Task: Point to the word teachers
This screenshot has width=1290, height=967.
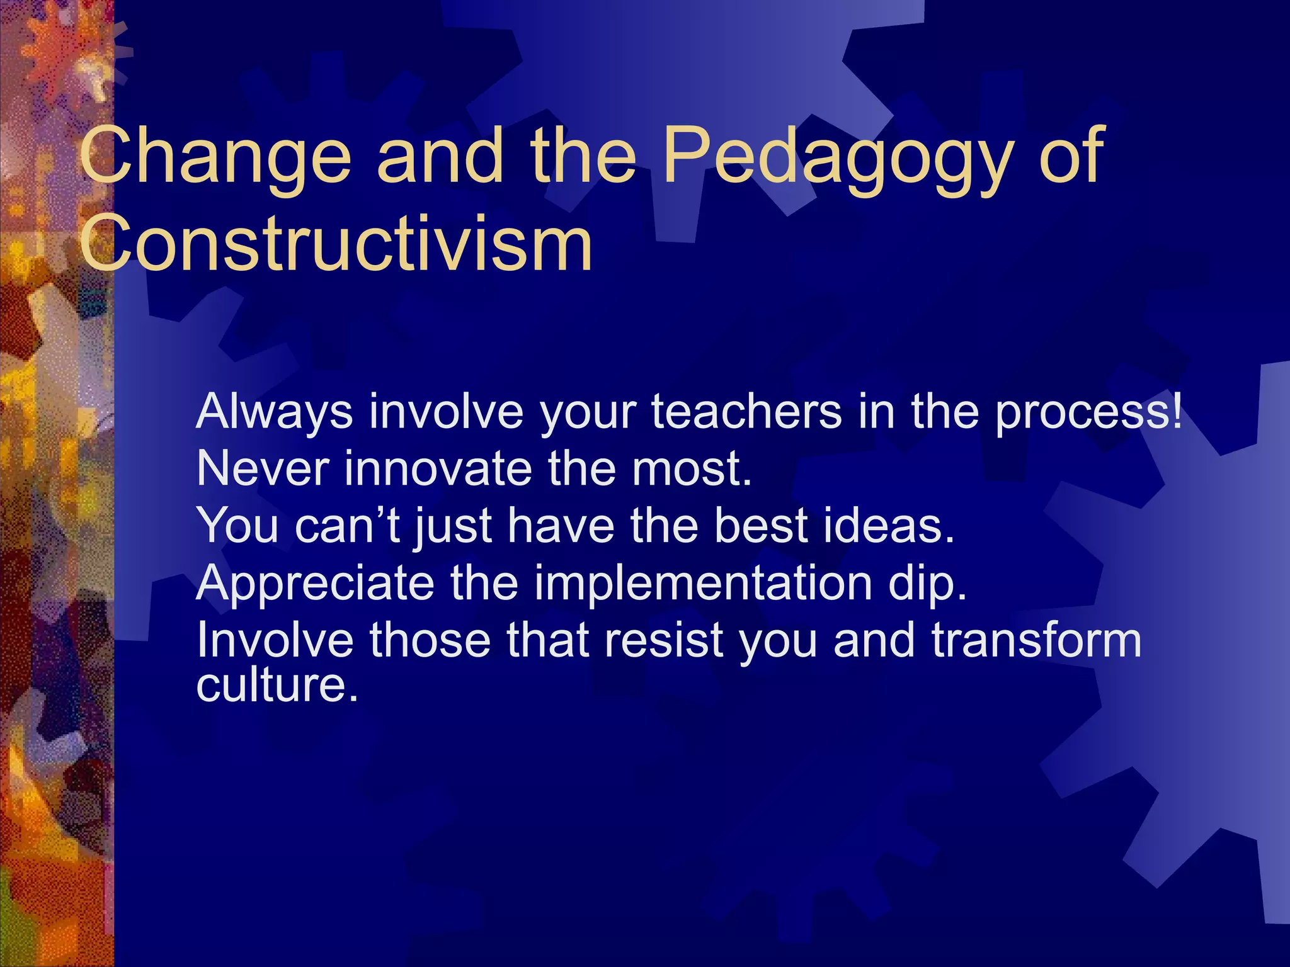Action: tap(746, 411)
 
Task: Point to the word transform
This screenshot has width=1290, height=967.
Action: tap(1036, 640)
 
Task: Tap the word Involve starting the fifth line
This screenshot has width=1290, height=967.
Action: tap(275, 640)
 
